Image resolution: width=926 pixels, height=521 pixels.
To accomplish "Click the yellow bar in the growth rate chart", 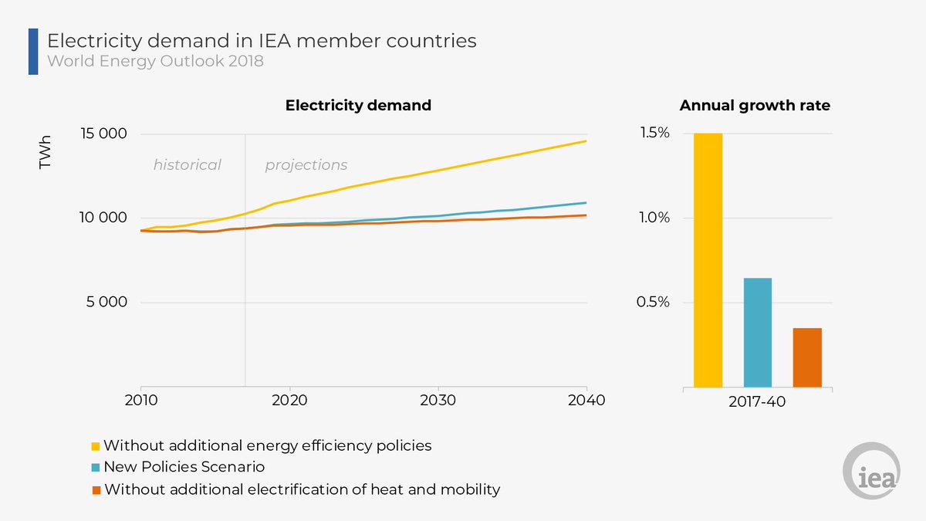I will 708,260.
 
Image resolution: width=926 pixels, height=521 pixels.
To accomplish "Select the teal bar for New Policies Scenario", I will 757,332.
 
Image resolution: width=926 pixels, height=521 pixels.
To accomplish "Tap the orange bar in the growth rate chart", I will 807,357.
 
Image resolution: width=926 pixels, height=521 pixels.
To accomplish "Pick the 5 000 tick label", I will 106,302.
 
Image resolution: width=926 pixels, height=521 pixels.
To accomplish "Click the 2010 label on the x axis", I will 140,401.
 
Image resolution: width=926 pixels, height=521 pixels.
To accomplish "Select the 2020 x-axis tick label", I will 289,401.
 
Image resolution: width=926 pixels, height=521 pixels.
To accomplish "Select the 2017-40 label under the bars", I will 759,401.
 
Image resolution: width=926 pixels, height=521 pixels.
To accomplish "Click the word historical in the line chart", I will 187,164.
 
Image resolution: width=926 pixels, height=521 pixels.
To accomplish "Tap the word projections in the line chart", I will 306,164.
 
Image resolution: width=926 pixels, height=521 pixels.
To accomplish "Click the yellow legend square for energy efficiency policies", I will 96,446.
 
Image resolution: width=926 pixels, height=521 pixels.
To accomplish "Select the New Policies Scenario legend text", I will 184,467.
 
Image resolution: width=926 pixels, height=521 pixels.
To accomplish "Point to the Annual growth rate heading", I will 755,106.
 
